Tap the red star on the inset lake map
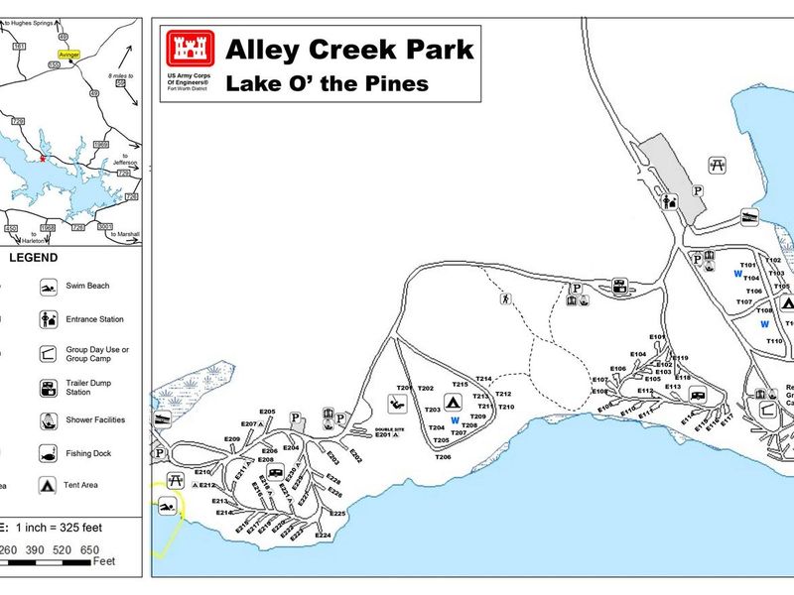43,158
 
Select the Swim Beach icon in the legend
48,288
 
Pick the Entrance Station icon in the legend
48,319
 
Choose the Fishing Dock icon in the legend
48,453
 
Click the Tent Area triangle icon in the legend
48,486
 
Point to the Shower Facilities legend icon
48,420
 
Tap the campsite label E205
267,412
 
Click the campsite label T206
443,457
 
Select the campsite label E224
323,535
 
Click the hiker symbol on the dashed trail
506,297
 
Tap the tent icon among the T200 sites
452,403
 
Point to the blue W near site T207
455,420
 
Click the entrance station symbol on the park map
670,202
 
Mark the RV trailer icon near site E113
698,394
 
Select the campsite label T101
748,266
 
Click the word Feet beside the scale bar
104,561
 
